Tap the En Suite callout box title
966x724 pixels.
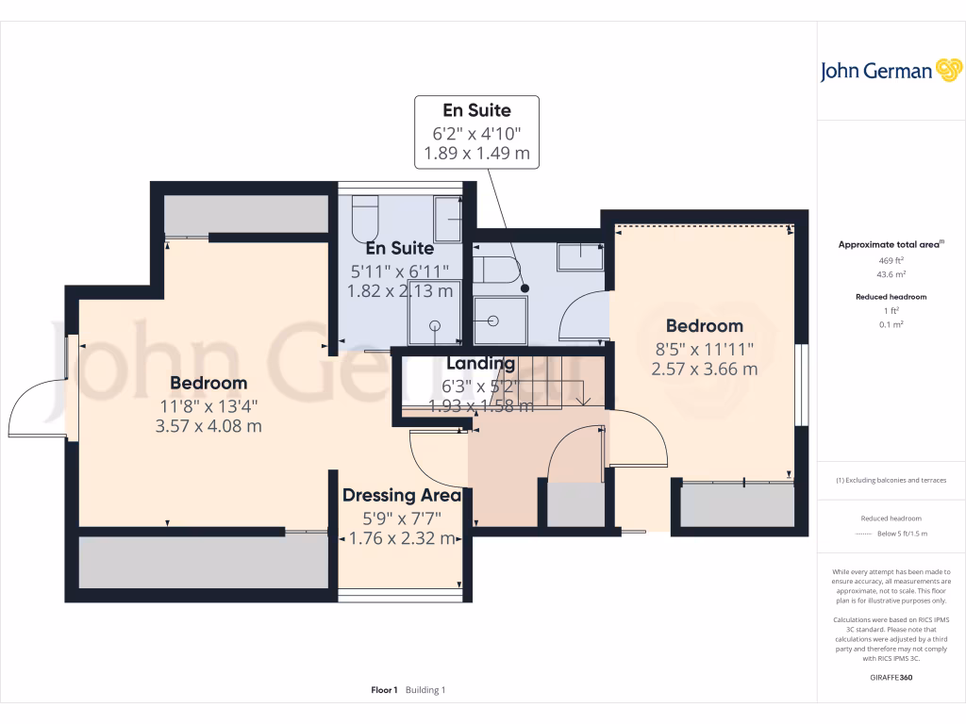coord(476,110)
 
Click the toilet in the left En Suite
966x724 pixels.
coord(363,218)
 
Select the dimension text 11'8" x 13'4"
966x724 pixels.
coord(208,405)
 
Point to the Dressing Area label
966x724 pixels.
coord(401,495)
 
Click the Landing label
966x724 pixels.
coord(480,364)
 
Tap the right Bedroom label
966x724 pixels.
coord(704,326)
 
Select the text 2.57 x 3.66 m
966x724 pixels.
coord(704,369)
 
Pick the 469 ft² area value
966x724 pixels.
coord(891,260)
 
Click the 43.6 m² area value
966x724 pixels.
coord(891,274)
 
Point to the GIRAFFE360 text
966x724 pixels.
coord(891,677)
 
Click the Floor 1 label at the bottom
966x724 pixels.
coord(384,690)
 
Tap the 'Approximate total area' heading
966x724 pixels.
coord(890,244)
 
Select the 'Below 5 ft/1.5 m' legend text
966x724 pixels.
coord(903,534)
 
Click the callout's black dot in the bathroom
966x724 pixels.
coord(525,288)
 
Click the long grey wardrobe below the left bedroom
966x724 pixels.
coord(204,564)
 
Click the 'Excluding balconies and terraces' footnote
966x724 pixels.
coord(892,480)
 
